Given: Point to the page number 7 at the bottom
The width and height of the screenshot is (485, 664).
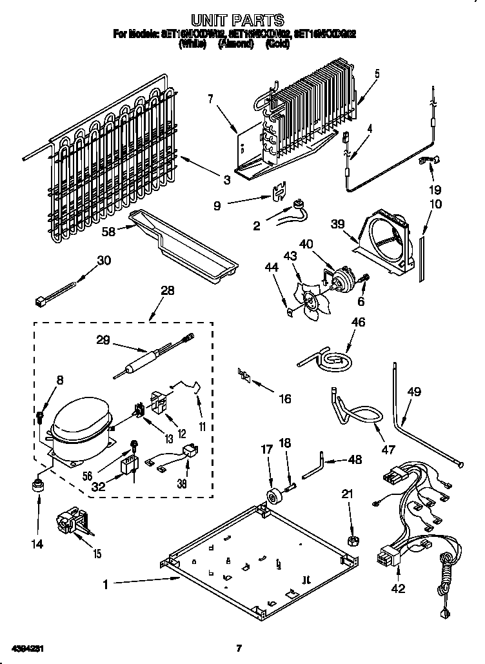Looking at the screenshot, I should click(x=239, y=648).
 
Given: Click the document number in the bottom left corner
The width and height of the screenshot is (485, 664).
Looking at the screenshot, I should click(x=27, y=647).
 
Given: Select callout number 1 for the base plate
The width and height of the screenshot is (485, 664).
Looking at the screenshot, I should click(x=106, y=585).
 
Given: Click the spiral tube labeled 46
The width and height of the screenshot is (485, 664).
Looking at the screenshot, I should click(x=328, y=357).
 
